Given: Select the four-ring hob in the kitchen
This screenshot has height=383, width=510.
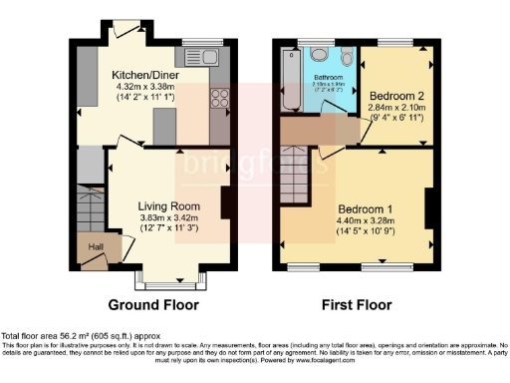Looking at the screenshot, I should point(219,100).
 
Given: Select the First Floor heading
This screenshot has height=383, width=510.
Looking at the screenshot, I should point(357,305).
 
